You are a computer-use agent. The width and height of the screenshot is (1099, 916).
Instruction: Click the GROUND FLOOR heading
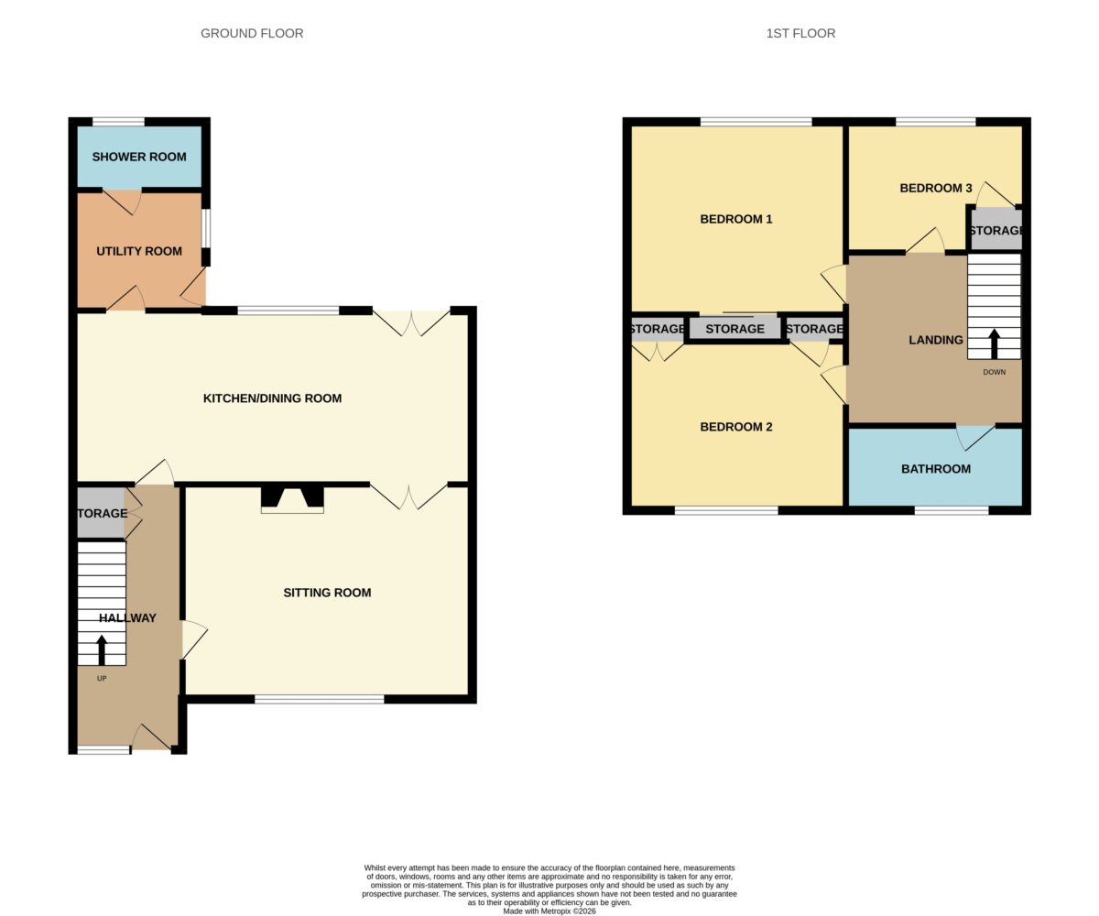252,33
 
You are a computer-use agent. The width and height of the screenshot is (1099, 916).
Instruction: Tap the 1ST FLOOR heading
800,33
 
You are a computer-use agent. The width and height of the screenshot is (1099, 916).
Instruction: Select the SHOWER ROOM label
139,157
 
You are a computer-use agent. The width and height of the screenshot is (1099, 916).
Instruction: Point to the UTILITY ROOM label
139,251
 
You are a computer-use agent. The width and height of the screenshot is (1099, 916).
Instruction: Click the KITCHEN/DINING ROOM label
272,398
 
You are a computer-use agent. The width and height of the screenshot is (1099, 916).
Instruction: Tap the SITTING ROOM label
327,593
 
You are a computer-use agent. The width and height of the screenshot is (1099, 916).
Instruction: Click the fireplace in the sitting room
292,499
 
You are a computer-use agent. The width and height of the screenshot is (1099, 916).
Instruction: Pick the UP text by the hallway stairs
102,678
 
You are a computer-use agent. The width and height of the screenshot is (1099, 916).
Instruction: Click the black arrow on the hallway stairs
102,649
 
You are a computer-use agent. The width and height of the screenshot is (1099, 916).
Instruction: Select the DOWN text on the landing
994,372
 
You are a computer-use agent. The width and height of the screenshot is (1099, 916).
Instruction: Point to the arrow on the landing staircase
994,343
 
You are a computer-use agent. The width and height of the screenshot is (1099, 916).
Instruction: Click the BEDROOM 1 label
735,219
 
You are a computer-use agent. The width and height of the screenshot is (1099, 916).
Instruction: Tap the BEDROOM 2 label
735,427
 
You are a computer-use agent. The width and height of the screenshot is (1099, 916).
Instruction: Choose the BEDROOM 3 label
935,188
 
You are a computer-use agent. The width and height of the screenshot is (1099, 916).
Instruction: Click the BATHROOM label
935,468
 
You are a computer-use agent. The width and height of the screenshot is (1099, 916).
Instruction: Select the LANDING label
935,340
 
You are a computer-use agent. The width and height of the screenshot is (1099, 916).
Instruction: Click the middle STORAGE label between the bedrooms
734,329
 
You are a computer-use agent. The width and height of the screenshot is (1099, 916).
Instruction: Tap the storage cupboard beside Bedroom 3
996,229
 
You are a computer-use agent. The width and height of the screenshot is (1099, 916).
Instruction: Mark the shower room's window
118,122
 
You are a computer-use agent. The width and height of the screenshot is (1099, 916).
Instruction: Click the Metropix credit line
549,911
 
